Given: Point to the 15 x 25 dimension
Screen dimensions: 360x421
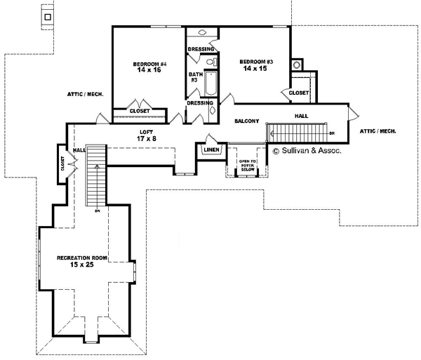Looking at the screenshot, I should click(x=82, y=265).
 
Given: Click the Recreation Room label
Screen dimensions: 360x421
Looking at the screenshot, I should click(x=82, y=258).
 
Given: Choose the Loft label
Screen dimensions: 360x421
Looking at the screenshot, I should click(x=146, y=131).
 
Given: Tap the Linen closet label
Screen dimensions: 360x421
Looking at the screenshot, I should click(x=210, y=149).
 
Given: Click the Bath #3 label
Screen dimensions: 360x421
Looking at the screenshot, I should click(x=194, y=77).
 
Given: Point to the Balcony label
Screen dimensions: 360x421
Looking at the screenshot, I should click(x=248, y=121).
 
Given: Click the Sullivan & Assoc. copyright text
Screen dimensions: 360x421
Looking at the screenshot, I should click(x=307, y=149).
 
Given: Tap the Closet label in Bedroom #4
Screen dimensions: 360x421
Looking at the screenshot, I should click(x=140, y=111).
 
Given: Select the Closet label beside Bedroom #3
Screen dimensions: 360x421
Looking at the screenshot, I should click(x=298, y=93).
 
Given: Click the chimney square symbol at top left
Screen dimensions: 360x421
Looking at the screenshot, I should click(x=48, y=16).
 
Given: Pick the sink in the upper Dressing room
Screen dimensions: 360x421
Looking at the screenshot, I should click(x=202, y=33).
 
